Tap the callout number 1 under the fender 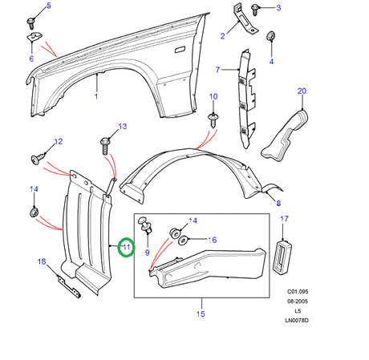tap(96, 97)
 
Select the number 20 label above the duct tap(302, 91)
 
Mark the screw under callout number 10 tap(214, 119)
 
